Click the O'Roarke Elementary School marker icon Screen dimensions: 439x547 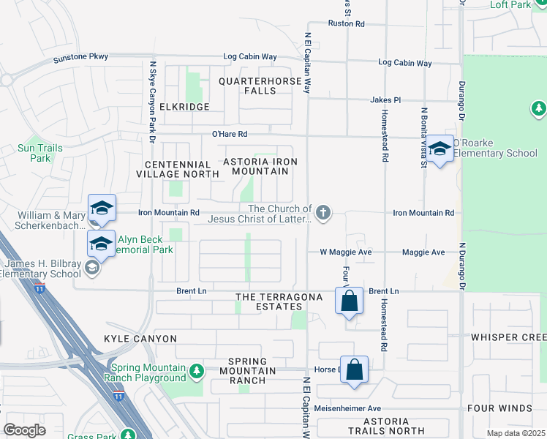440,149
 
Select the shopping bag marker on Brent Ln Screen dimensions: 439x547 350,300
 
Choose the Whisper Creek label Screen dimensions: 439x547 508,337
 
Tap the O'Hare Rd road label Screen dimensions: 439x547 230,134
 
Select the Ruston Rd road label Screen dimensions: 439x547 346,23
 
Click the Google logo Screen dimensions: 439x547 24,430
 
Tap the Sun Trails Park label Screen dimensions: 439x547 40,153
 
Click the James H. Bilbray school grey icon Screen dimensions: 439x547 91,269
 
